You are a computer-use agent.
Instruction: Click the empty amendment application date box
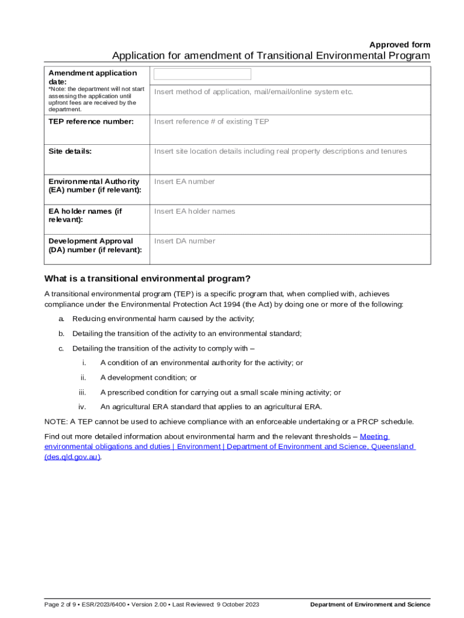point(202,74)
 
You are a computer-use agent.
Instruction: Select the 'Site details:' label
point(70,151)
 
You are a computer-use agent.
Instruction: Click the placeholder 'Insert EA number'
point(184,182)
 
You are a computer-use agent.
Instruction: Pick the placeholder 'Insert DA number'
point(184,241)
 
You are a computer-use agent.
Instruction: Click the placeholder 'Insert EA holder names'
point(195,211)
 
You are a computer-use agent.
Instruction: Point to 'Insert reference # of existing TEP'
point(212,121)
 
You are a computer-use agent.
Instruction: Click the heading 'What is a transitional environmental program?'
point(147,278)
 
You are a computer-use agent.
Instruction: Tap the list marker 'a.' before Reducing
point(61,319)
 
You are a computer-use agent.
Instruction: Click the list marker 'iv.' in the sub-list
point(82,407)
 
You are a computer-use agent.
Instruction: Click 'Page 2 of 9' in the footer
point(62,605)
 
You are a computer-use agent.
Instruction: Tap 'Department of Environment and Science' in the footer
point(370,605)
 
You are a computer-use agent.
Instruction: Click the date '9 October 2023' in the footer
point(238,605)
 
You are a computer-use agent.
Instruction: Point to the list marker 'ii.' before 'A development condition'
point(83,378)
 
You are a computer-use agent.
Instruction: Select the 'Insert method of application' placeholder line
point(253,92)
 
